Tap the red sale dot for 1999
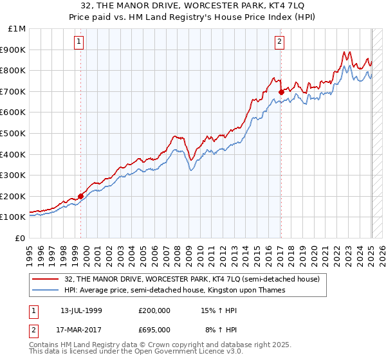[80, 196]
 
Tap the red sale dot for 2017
[281, 93]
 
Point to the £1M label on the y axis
[17, 29]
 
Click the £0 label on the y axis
[21, 238]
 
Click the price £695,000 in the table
[154, 330]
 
